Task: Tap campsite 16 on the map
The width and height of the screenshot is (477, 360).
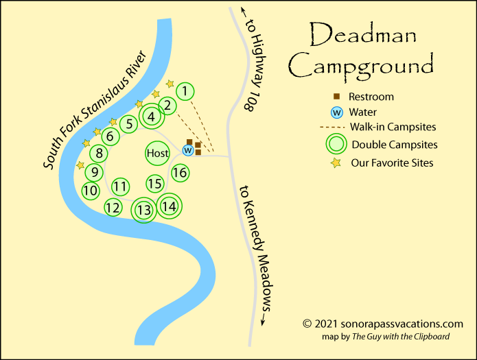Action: [180, 173]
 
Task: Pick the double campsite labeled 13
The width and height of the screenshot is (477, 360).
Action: [144, 210]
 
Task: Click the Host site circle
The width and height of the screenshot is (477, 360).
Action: [157, 153]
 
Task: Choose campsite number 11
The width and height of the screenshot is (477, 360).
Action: [121, 186]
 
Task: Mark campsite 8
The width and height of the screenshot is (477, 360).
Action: [100, 154]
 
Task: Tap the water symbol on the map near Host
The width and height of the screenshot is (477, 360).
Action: [187, 150]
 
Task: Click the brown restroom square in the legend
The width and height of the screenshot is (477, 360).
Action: [336, 97]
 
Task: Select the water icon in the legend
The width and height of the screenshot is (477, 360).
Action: [336, 112]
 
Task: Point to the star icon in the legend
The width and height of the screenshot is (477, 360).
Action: [336, 163]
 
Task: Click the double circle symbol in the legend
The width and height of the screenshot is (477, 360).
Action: [336, 144]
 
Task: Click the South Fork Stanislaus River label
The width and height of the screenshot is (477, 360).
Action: [95, 110]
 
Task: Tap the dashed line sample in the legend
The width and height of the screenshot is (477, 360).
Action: [332, 127]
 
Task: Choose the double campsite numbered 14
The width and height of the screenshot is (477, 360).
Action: [169, 205]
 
